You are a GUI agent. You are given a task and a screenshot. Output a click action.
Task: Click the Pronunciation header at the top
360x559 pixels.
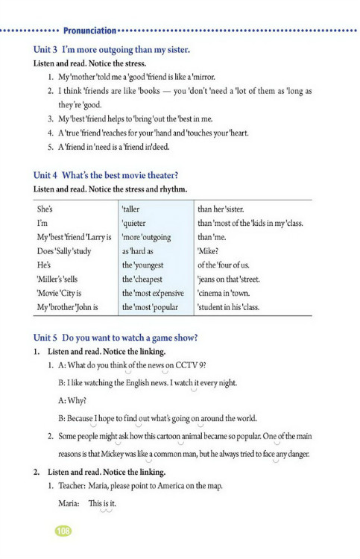pyautogui.click(x=89, y=31)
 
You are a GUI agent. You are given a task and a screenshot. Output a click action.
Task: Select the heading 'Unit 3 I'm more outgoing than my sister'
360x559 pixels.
pyautogui.click(x=112, y=49)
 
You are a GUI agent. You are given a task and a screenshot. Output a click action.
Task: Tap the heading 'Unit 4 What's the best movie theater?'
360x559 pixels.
pyautogui.click(x=106, y=175)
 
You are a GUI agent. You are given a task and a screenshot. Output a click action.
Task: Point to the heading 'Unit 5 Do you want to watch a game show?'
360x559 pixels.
pyautogui.click(x=115, y=338)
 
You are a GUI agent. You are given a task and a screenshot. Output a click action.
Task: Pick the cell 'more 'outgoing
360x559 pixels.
pyautogui.click(x=146, y=238)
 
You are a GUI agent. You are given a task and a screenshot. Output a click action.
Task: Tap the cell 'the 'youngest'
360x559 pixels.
pyautogui.click(x=144, y=265)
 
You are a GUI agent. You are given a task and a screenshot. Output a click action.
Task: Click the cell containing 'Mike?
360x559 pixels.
pyautogui.click(x=209, y=252)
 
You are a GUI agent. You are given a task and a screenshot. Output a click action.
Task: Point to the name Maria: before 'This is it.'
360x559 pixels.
pyautogui.click(x=69, y=504)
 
